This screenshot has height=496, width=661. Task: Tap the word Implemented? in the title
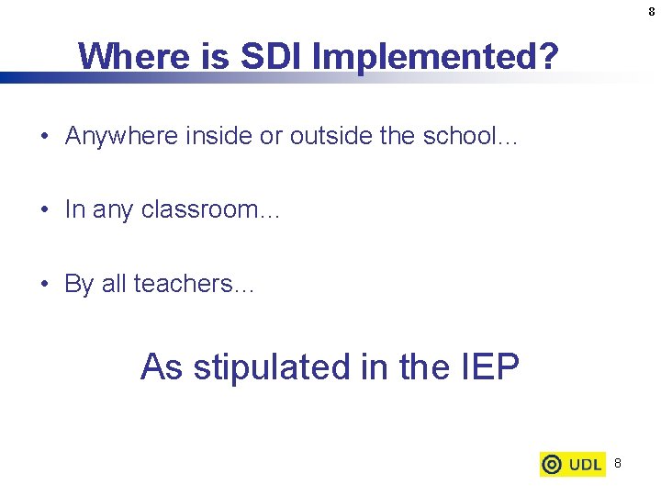point(434,58)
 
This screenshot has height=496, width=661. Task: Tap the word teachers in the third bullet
point(184,284)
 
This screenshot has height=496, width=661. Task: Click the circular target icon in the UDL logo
point(553,465)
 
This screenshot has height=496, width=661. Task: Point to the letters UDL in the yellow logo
point(585,465)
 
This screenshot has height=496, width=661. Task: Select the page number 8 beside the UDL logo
point(618,464)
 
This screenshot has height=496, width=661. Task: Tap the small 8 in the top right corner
point(651,12)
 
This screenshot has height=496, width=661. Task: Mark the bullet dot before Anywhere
point(45,137)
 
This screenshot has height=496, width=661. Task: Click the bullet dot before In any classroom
point(45,210)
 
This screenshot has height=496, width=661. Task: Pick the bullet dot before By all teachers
point(45,284)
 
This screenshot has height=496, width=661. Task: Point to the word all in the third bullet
point(113,284)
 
